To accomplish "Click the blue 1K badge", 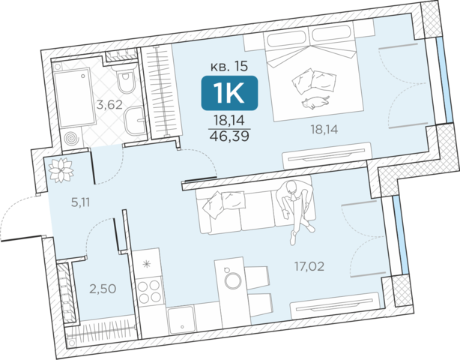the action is coord(229,93).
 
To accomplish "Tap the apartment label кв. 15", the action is coord(229,67).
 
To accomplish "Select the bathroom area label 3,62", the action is coord(109,104).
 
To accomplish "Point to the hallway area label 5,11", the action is coord(80,202).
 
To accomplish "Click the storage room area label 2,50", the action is coord(103,289).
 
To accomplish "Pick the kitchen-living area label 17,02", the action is coord(309,266).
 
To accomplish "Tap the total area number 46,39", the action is coord(229,136).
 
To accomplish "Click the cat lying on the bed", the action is coord(315,103).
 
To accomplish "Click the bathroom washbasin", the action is coord(135,121).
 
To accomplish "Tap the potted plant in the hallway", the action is coord(61,170).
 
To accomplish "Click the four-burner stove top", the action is coord(150,291).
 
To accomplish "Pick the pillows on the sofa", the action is coord(225,203).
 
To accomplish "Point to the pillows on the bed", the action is coord(314,81).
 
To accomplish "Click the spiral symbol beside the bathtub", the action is coord(71,138).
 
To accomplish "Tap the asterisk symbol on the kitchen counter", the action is coord(146,264).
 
